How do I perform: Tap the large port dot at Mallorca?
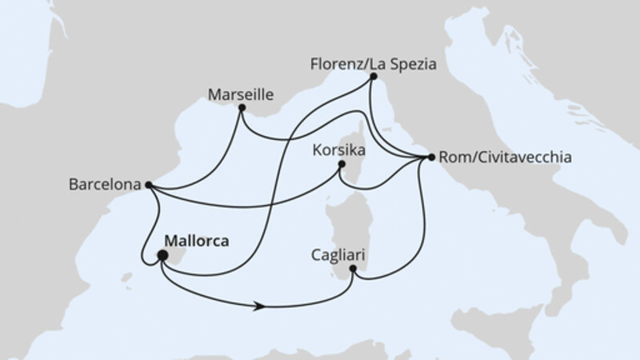pos(162,256)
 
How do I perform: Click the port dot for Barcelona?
pos(149,185)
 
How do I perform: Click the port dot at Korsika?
pos(342,165)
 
